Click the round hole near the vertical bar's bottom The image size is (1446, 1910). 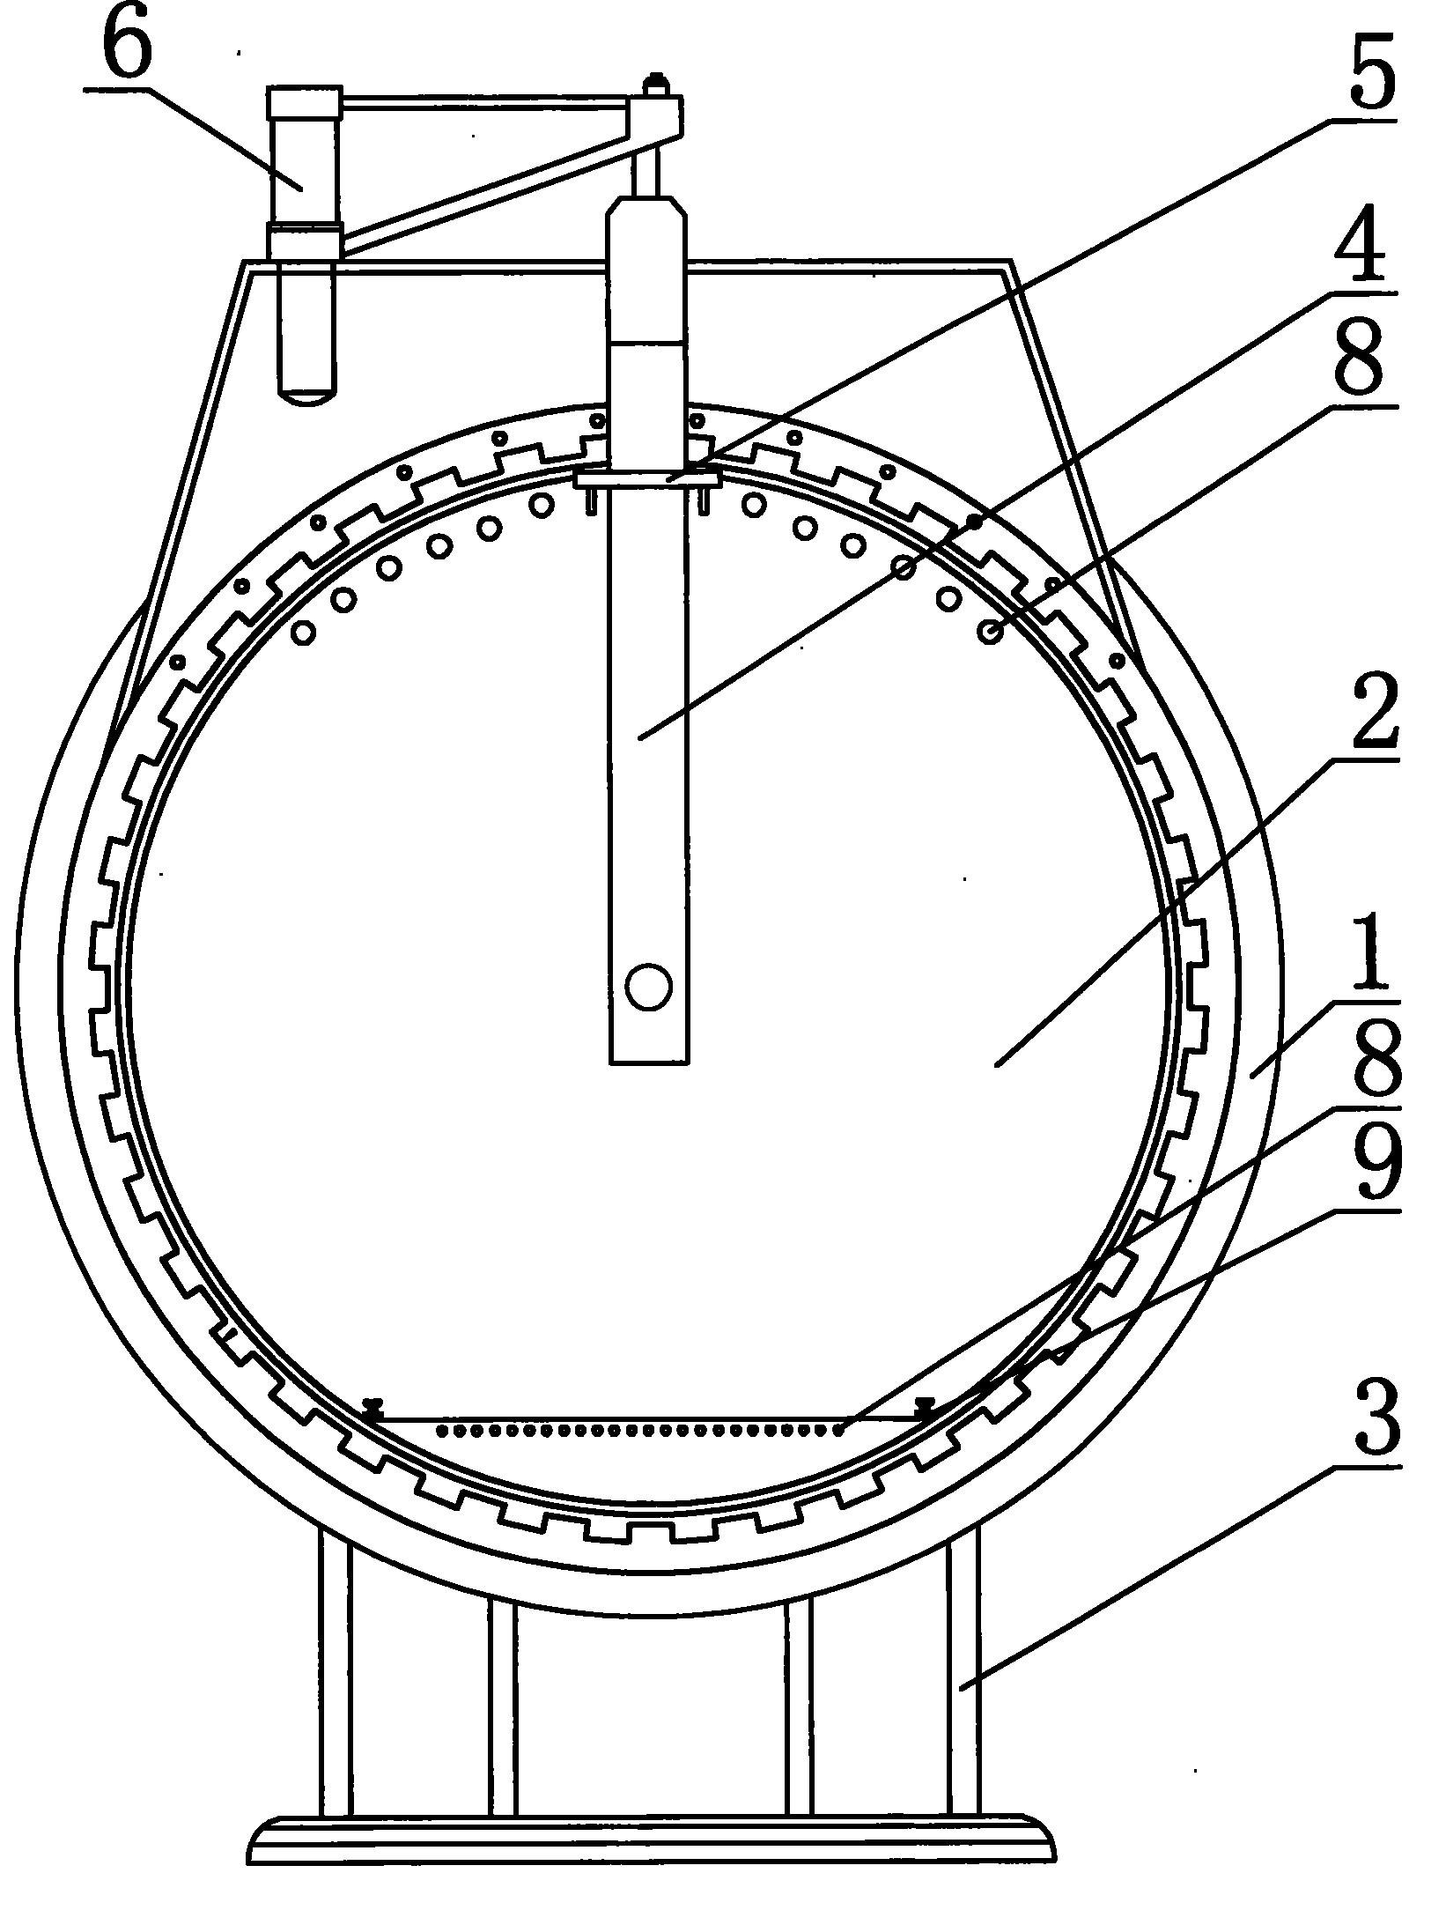(648, 985)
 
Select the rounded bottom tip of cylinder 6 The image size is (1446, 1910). (307, 396)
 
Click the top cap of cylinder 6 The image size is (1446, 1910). (305, 102)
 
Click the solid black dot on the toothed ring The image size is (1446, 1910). (974, 522)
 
